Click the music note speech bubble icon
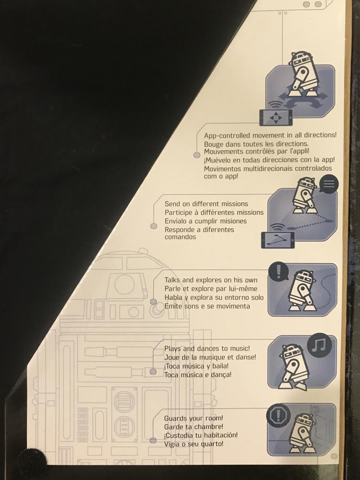pos(319,346)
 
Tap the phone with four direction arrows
pos(276,118)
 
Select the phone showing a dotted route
pos(278,240)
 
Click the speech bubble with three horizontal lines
pos(329,184)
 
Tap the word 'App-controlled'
pos(227,136)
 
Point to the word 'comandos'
pos(180,237)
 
